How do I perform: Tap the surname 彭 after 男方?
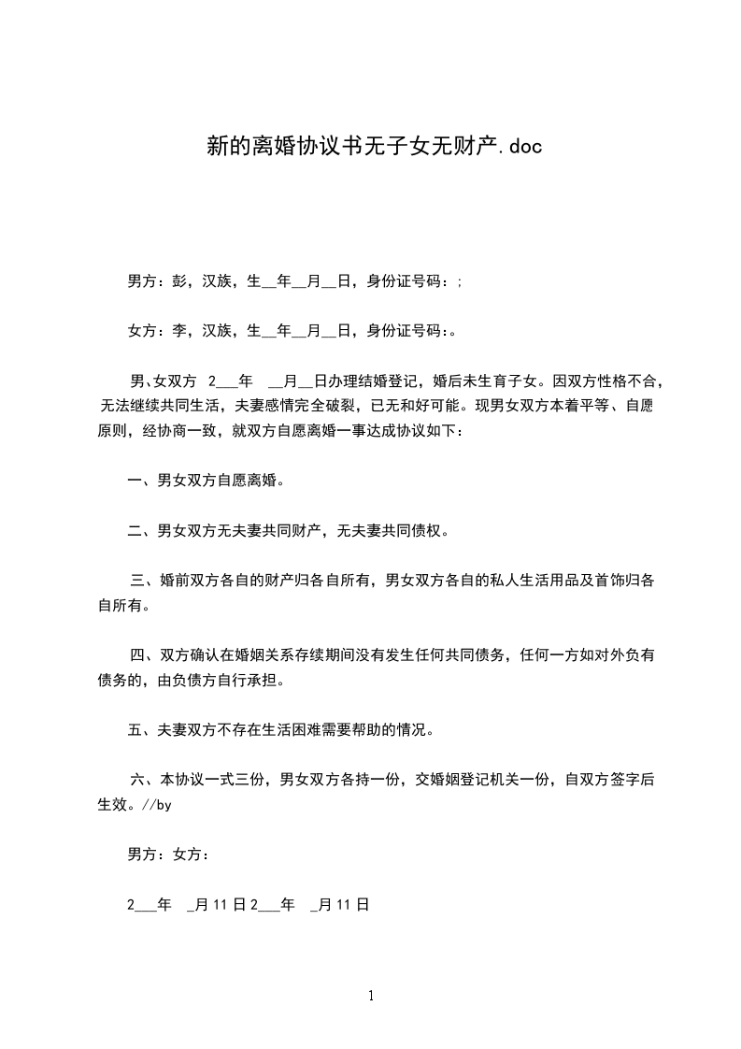tap(179, 280)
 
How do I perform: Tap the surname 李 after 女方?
tap(179, 330)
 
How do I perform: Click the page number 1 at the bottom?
tap(371, 996)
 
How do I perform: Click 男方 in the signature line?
tap(142, 855)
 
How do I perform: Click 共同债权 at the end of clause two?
tap(411, 532)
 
